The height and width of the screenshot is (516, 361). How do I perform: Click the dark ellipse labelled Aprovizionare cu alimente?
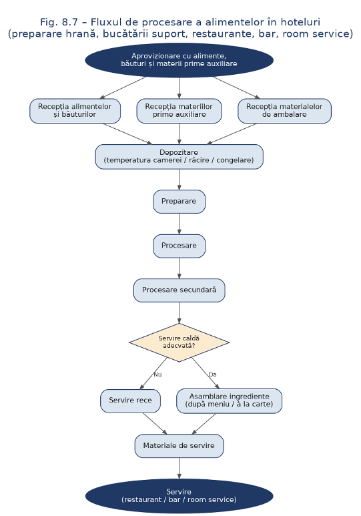(179, 60)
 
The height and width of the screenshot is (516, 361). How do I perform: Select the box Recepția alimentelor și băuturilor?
(75, 111)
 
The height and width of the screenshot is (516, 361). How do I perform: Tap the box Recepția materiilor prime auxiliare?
(179, 111)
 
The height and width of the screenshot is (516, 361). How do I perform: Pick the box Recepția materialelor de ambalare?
(284, 111)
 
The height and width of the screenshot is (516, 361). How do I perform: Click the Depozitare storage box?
(179, 157)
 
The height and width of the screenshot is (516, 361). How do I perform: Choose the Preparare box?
(179, 202)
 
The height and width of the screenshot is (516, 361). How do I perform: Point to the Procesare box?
(179, 246)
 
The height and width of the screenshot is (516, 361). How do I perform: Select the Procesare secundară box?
(179, 290)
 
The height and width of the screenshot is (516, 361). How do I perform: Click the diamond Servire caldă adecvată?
(179, 342)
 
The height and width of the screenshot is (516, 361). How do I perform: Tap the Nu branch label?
(157, 374)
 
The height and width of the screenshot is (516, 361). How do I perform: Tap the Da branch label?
(213, 374)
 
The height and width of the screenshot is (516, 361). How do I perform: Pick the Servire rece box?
(130, 401)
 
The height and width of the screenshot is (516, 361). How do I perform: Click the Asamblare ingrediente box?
(229, 401)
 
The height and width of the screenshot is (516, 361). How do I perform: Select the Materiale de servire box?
(179, 446)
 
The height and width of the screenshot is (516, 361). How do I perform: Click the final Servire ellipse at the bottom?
(179, 496)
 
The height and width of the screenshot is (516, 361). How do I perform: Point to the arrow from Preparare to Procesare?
(179, 224)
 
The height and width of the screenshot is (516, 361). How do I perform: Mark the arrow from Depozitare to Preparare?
(179, 180)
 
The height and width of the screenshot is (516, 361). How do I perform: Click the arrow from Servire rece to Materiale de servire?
(155, 423)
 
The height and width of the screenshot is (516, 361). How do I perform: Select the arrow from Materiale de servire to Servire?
(179, 469)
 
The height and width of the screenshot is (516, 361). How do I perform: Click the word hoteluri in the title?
(300, 22)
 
